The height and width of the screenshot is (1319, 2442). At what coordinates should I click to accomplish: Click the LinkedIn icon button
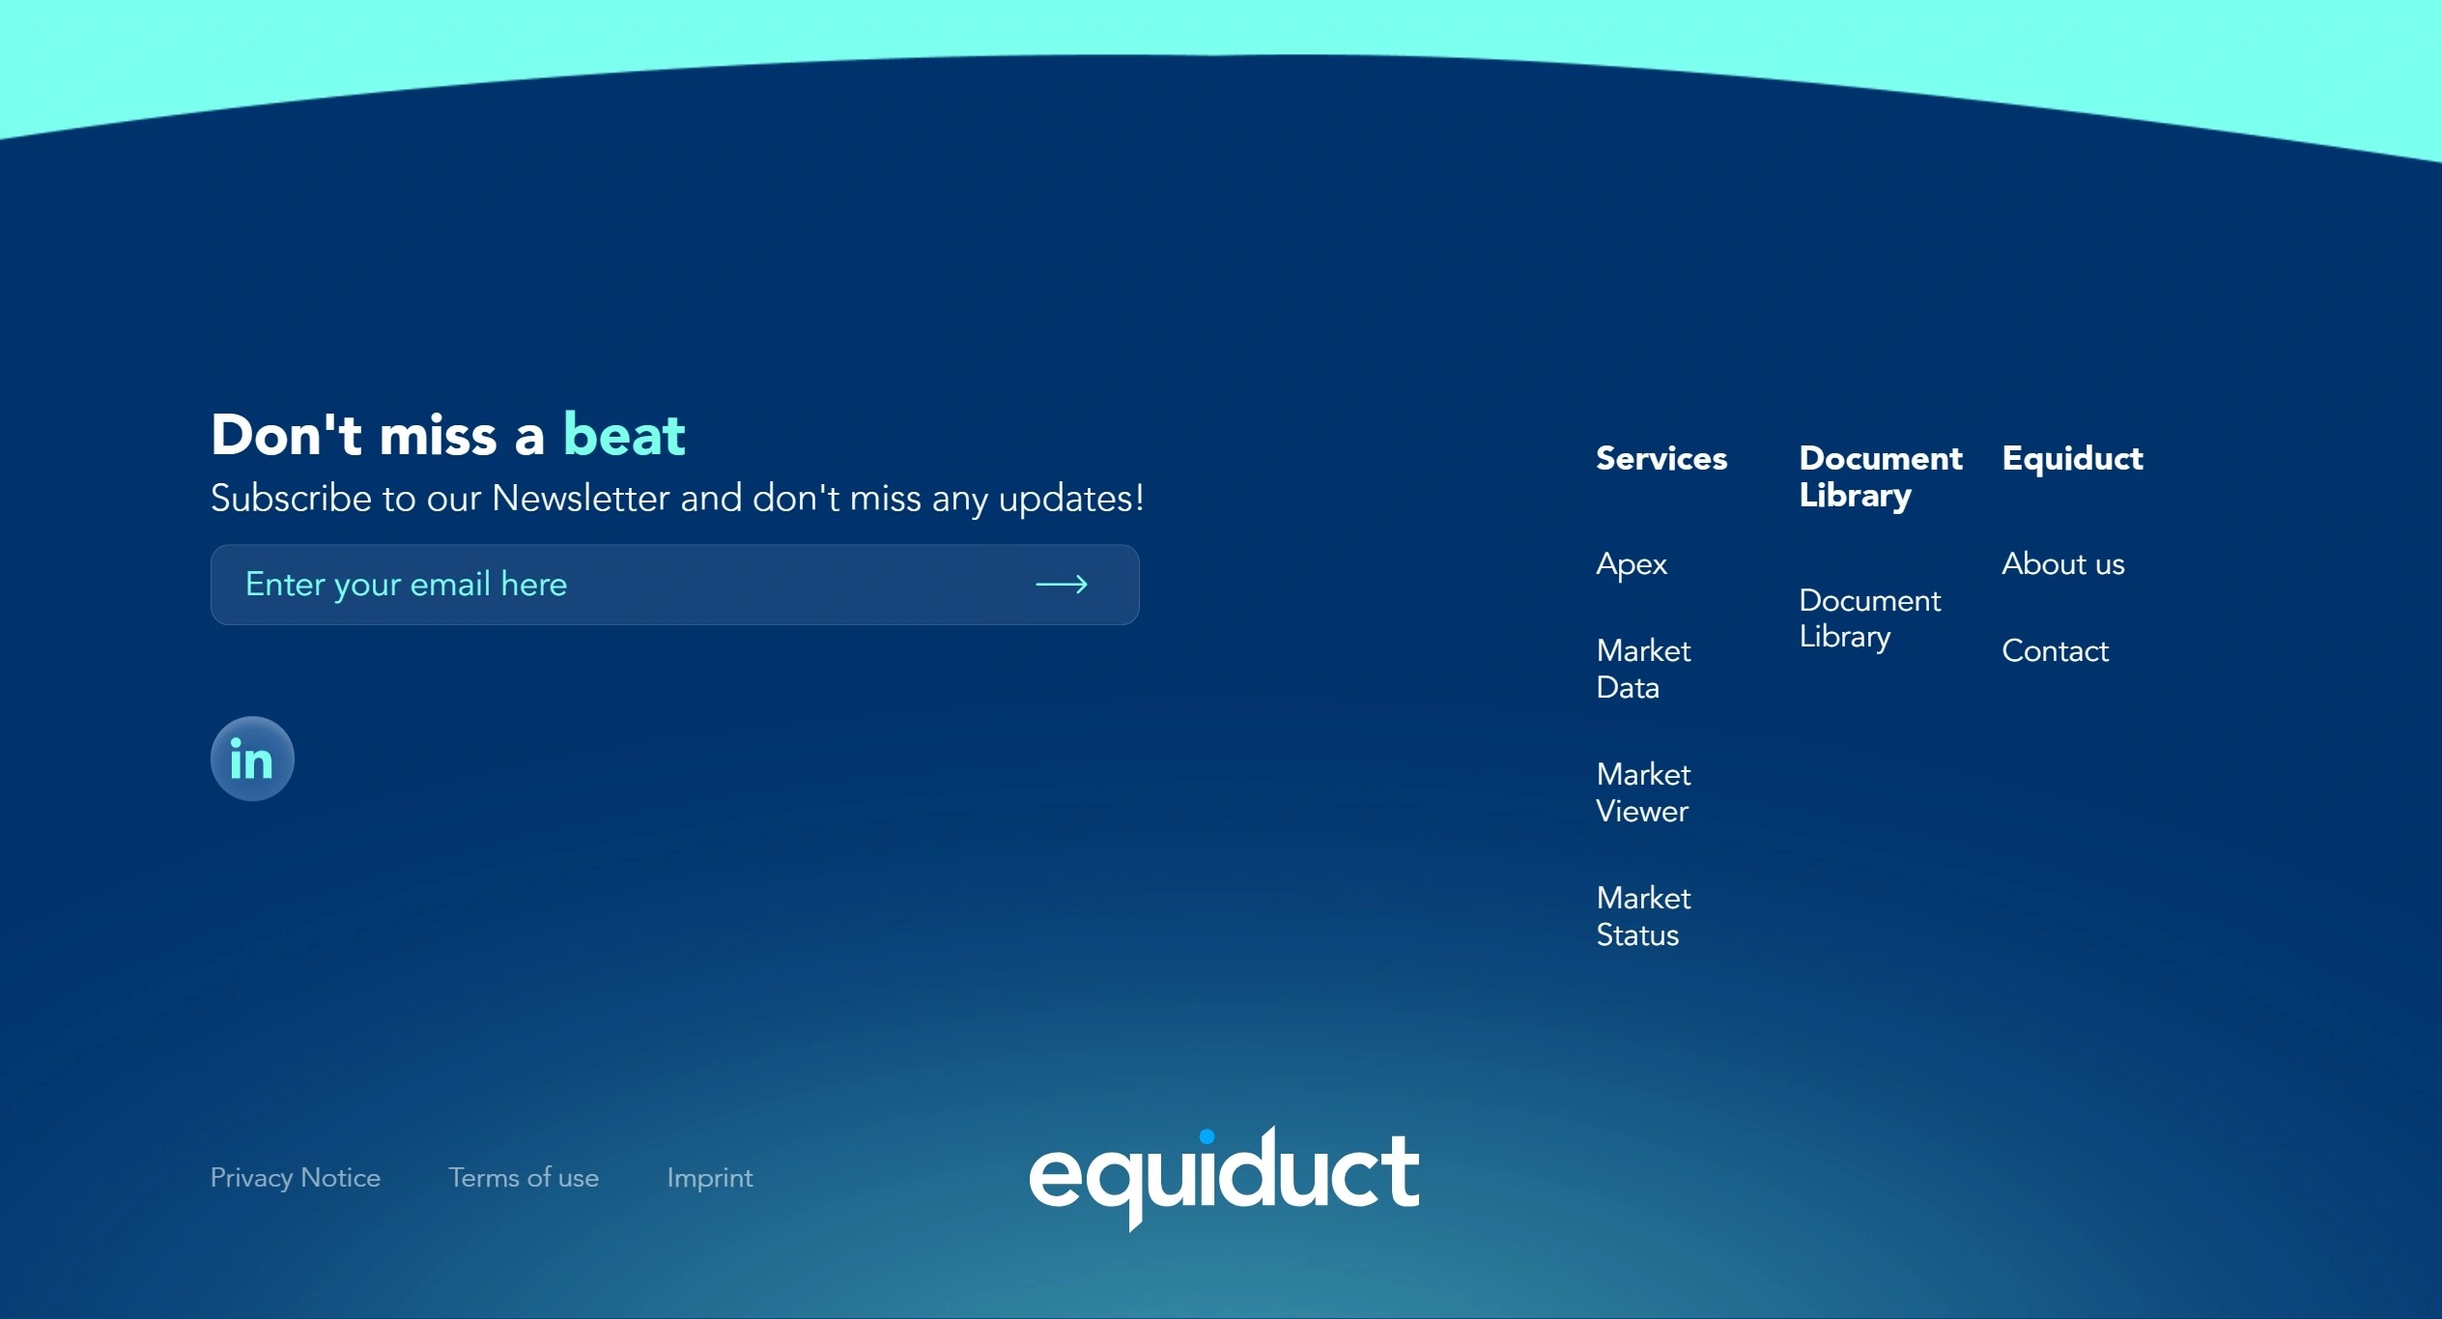coord(252,759)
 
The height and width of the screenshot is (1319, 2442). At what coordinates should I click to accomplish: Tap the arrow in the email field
coord(1062,585)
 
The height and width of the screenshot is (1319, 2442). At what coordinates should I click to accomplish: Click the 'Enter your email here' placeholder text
coord(406,585)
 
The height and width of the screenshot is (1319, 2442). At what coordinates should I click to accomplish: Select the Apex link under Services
coord(1632,564)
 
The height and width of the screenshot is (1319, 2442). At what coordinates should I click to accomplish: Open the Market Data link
coord(1643,669)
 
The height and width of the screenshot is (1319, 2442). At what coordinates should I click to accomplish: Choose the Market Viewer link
coord(1643,792)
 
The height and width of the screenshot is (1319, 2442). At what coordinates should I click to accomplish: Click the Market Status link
coord(1643,916)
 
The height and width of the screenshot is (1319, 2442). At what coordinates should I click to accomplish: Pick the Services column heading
coord(1661,458)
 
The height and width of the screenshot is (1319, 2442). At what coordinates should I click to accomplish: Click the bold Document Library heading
coord(1880,476)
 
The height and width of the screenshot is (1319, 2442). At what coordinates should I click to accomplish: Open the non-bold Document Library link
coord(1869,618)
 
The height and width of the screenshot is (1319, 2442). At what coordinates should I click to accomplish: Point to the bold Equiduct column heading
coord(2072,459)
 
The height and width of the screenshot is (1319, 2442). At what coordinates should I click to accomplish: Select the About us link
coord(2062,563)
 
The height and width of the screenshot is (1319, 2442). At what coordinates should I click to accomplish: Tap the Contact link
coord(2055,650)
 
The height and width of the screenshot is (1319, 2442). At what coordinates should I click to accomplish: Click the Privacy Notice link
coord(296,1177)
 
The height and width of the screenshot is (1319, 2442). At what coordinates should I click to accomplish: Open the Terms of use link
coord(524,1177)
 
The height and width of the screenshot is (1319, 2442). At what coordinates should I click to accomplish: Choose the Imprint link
coord(710,1178)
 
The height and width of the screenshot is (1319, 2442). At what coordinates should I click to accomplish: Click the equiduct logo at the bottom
coord(1224,1178)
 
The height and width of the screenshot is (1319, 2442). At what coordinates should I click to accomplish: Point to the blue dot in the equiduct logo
coord(1207,1136)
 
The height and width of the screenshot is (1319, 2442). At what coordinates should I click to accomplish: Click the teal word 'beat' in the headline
coord(624,434)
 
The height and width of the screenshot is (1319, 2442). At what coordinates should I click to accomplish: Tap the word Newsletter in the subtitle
coord(581,499)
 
